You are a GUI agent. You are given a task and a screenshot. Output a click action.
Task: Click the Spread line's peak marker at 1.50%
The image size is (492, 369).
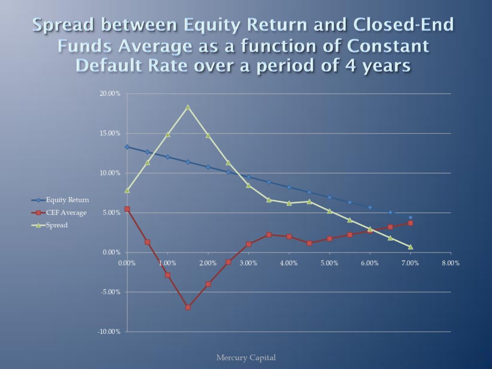pyautogui.click(x=188, y=107)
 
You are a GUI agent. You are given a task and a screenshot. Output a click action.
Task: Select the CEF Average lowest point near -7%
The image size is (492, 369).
pyautogui.click(x=188, y=307)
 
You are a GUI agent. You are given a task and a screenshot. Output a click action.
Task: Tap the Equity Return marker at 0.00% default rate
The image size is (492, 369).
pyautogui.click(x=127, y=147)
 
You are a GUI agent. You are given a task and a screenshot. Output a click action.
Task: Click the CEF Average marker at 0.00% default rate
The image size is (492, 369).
pyautogui.click(x=127, y=209)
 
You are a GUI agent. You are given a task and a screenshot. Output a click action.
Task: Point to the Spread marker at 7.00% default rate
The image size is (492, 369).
pyautogui.click(x=410, y=247)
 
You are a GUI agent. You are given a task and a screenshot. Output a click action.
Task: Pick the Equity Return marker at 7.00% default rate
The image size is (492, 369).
pyautogui.click(x=410, y=218)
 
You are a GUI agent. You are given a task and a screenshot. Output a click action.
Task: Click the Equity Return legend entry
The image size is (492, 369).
pyautogui.click(x=60, y=200)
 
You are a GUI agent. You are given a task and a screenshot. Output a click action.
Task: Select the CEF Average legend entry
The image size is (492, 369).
pyautogui.click(x=59, y=213)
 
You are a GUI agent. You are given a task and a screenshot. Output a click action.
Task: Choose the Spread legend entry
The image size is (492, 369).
pyautogui.click(x=49, y=225)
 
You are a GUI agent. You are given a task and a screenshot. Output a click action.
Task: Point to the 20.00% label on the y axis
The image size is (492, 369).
pyautogui.click(x=110, y=94)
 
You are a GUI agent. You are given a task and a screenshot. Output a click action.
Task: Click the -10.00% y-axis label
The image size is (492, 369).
pyautogui.click(x=109, y=332)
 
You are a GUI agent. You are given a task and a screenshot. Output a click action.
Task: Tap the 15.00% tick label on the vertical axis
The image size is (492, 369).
pyautogui.click(x=110, y=134)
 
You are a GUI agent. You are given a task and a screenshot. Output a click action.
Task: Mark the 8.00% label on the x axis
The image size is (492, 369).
pyautogui.click(x=451, y=263)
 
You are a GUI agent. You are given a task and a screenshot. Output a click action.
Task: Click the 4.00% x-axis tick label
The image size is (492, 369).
pyautogui.click(x=289, y=263)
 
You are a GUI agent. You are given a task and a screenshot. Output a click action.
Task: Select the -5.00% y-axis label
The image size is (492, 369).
pyautogui.click(x=110, y=292)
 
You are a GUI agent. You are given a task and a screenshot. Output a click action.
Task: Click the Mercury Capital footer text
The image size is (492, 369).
pyautogui.click(x=246, y=357)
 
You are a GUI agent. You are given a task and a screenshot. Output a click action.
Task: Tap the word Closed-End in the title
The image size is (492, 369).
pyautogui.click(x=404, y=25)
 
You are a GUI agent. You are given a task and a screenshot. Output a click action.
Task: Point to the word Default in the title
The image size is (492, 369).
pyautogui.click(x=132, y=65)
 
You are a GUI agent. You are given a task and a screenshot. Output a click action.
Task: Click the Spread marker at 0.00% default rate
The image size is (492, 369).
pyautogui.click(x=127, y=190)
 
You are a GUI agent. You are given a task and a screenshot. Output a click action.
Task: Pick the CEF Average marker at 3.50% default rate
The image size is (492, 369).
pyautogui.click(x=269, y=234)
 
